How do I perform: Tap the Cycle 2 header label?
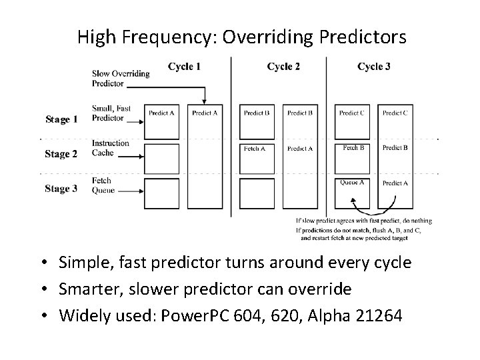coord(283,67)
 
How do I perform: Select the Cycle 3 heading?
coord(374,67)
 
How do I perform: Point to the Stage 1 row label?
coord(61,119)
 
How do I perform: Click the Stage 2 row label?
coord(61,154)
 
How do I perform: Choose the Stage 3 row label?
coord(61,189)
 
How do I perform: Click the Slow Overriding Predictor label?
coord(121,78)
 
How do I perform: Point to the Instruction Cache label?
coord(110,148)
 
